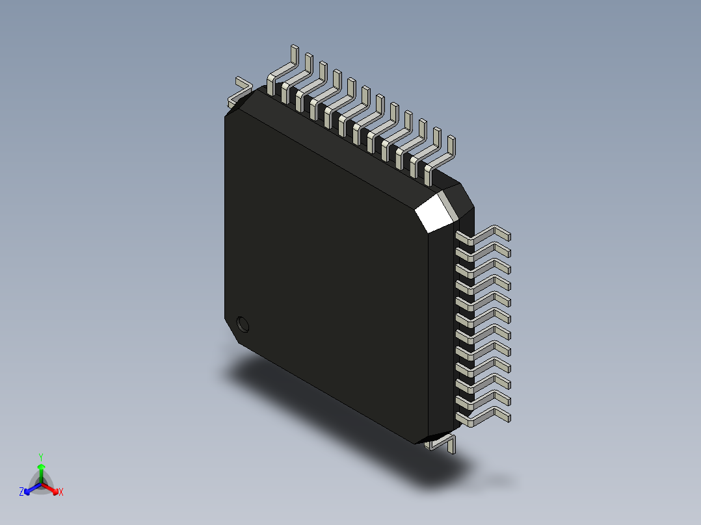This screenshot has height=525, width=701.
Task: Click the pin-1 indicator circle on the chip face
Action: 243,323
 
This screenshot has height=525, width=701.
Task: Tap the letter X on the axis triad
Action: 61,493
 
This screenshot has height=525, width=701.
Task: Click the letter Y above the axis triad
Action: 40,457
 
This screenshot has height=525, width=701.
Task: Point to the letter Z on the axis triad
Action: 21,493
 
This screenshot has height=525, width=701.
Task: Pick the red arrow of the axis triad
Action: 52,488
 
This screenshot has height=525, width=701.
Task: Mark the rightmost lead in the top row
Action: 442,156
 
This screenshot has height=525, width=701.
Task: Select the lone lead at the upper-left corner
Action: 238,92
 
